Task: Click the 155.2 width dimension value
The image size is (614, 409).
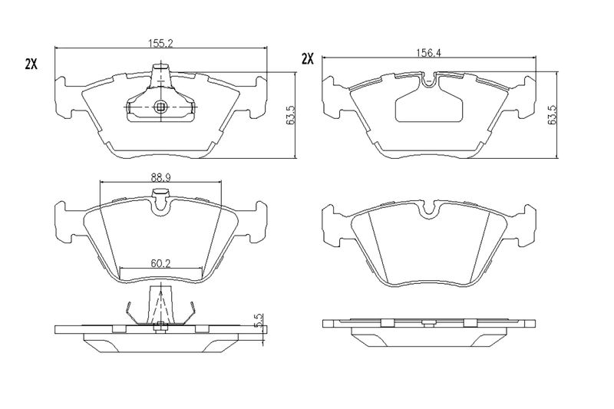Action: [160, 44]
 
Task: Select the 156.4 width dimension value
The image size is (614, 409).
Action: [428, 52]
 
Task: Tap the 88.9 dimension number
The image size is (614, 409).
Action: [160, 178]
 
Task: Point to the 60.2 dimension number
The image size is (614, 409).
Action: [160, 263]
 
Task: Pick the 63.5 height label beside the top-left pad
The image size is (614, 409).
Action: [291, 115]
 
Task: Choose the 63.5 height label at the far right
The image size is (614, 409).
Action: [553, 115]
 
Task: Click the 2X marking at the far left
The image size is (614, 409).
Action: [31, 64]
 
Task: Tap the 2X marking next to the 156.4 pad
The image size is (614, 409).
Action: [308, 59]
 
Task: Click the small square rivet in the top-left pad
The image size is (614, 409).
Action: [160, 107]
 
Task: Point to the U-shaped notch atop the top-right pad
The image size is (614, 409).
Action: [430, 80]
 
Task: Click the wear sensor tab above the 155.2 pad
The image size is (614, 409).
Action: [160, 74]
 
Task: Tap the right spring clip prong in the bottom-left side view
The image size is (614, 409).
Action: [190, 312]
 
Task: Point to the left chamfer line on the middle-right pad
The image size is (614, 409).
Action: [378, 248]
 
